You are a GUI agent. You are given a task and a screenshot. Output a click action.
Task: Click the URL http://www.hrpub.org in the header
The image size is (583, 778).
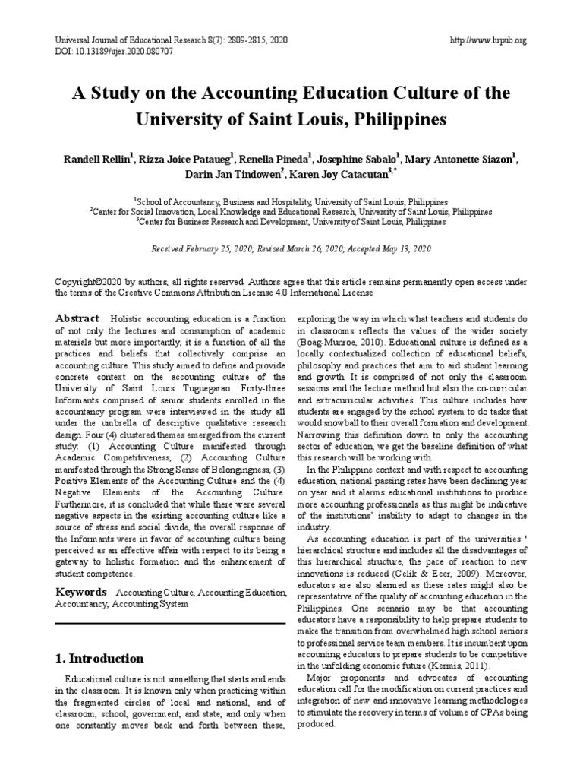489,40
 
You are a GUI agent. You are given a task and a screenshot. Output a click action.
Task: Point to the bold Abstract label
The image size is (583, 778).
77,318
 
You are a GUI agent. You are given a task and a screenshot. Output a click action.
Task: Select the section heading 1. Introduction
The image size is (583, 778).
99,658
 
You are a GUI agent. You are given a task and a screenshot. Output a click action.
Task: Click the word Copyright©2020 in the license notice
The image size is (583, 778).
89,280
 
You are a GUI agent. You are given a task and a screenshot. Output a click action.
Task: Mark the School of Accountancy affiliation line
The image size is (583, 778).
291,194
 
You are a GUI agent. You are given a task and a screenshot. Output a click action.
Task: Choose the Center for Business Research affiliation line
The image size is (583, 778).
291,222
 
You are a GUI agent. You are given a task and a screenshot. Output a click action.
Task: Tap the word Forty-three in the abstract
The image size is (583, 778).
262,391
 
